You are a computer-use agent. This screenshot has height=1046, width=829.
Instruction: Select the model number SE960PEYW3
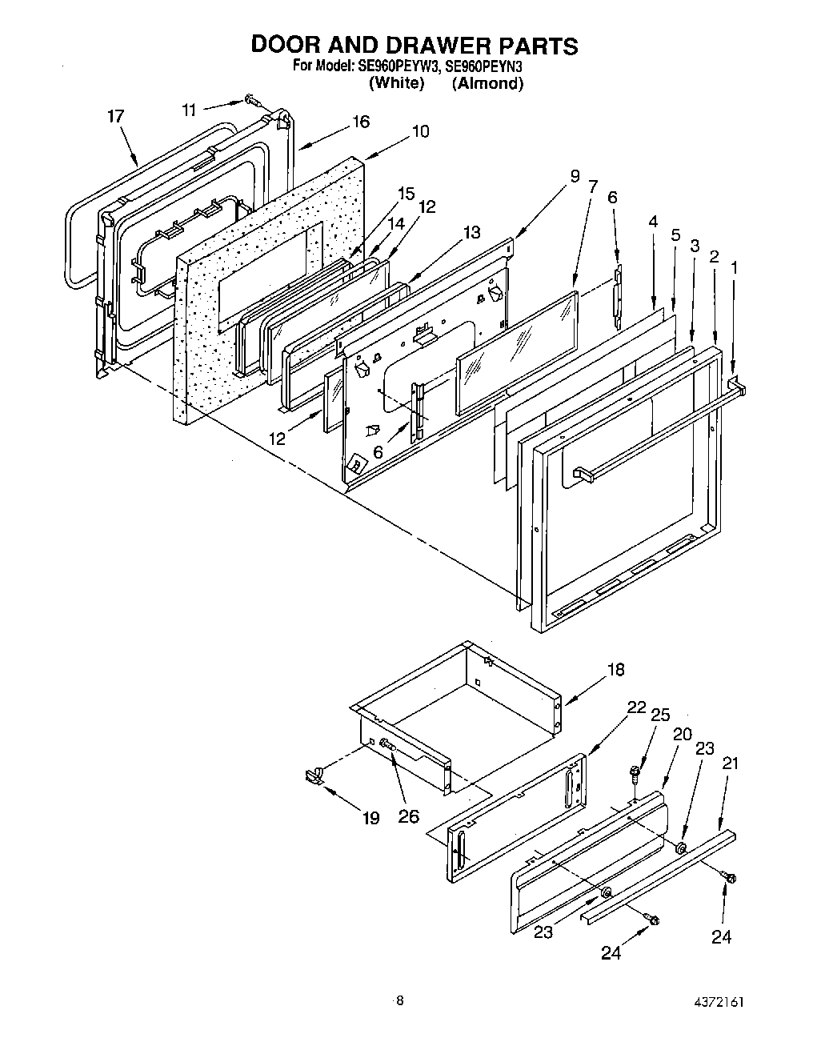tap(395, 66)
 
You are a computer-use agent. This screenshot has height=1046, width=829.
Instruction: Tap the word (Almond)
tap(487, 83)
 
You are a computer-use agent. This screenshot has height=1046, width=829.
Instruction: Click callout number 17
tap(116, 117)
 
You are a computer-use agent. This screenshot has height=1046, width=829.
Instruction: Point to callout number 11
tap(188, 109)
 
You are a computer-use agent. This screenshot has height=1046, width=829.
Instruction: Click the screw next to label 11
tap(253, 100)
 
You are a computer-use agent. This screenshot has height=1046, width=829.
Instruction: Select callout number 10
tap(419, 130)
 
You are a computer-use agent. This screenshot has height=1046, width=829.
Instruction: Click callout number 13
tap(471, 232)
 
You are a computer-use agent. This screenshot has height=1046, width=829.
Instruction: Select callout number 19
tap(370, 819)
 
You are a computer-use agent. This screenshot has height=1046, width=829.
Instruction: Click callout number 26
tap(408, 818)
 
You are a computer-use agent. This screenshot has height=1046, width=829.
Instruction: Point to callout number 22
tap(636, 707)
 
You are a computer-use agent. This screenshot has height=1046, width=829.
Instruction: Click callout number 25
tap(660, 715)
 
